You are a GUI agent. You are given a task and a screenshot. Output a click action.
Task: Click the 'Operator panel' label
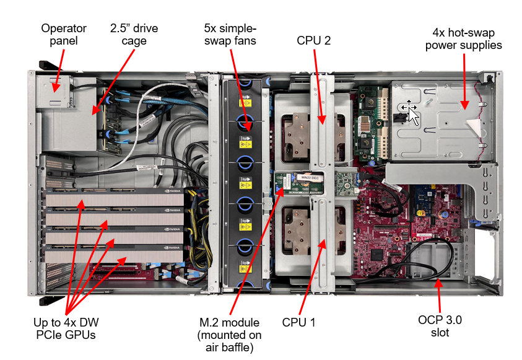[x=64, y=35]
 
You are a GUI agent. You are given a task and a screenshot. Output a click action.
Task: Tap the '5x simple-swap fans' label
[x=230, y=35]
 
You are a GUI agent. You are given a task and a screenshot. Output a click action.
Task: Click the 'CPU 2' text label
[x=314, y=41]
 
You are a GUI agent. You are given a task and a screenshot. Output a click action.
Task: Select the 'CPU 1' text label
[x=299, y=322]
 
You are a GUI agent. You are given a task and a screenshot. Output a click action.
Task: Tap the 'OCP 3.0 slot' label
[x=440, y=326]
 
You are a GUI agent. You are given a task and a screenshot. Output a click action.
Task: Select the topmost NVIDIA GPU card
[x=115, y=200]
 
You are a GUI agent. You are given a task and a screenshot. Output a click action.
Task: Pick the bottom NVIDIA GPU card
[x=115, y=255]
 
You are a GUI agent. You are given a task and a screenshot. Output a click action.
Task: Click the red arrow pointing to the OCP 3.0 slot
[x=439, y=296]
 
